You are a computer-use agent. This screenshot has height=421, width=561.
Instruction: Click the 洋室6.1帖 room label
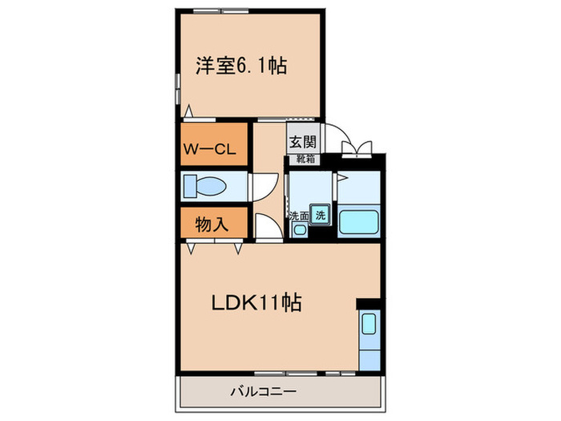pyautogui.click(x=241, y=65)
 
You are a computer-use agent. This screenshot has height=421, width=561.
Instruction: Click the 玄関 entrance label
pyautogui.click(x=303, y=142)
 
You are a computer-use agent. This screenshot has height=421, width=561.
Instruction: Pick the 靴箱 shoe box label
pyautogui.click(x=303, y=159)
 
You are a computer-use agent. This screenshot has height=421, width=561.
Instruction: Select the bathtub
pyautogui.click(x=358, y=221)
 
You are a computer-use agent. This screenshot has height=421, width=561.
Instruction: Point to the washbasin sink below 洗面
pyautogui.click(x=299, y=230)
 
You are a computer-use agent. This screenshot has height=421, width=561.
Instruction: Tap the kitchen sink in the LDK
pyautogui.click(x=369, y=324)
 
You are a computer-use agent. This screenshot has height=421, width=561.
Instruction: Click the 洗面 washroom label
pyautogui.click(x=299, y=215)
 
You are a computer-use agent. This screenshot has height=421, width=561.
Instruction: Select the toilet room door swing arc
pyautogui.click(x=262, y=188)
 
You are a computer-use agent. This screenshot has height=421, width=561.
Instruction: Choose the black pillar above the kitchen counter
pyautogui.click(x=370, y=304)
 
